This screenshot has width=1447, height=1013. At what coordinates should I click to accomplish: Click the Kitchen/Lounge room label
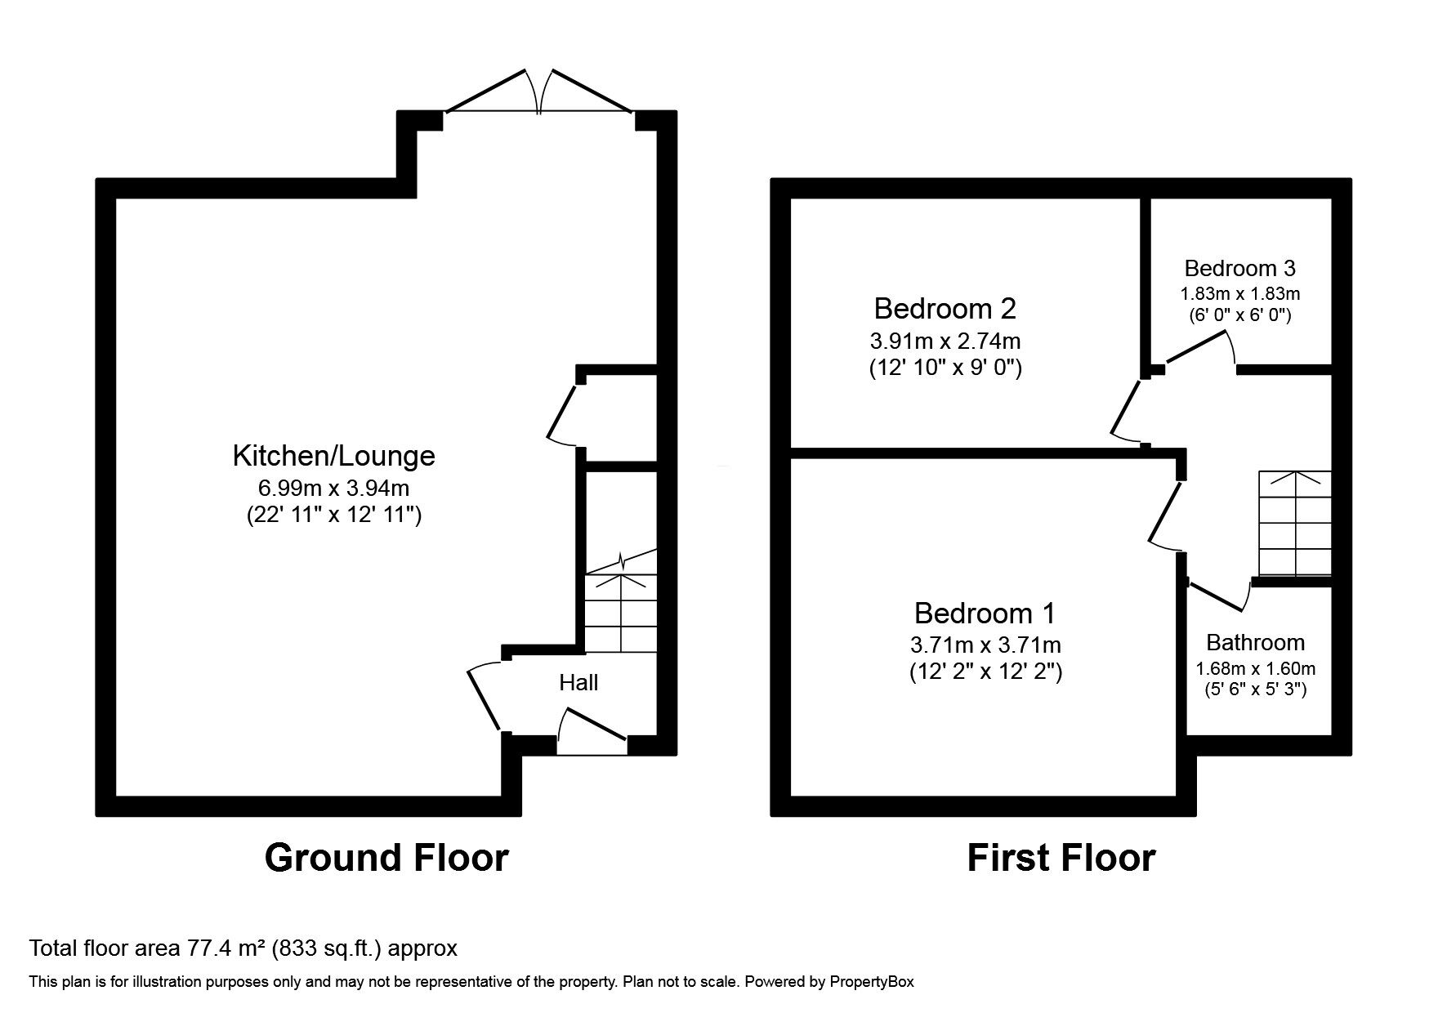[x=333, y=456]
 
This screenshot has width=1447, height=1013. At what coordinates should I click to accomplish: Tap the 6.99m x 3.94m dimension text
[x=333, y=489]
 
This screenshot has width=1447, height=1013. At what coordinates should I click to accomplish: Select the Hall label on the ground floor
[x=578, y=682]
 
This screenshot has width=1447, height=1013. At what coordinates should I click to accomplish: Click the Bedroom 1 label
[x=985, y=613]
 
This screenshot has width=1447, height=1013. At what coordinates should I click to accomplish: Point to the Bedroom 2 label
[x=945, y=309]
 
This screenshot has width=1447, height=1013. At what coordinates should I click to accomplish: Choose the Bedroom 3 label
[x=1239, y=268]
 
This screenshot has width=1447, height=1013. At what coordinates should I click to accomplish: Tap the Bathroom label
[x=1255, y=642]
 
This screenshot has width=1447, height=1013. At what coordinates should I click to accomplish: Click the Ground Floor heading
[x=386, y=859]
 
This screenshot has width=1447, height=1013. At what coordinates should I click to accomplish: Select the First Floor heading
[x=1061, y=859]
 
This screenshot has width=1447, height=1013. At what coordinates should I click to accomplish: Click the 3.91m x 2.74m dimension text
[x=945, y=341]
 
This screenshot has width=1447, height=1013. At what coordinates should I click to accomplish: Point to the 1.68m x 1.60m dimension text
[x=1255, y=668]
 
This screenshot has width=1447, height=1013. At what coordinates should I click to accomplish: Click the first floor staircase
[x=1295, y=523]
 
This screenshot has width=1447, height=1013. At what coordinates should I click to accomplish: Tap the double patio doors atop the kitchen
[x=538, y=91]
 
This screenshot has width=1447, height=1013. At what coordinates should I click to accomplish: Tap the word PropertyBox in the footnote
[x=872, y=982]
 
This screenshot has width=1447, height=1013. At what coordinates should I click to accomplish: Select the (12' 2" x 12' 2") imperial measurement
[x=985, y=672]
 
